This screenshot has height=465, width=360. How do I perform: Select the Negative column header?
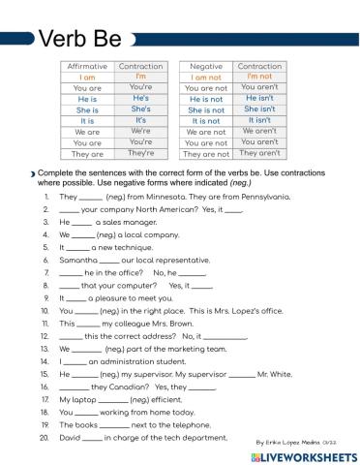coord(207,66)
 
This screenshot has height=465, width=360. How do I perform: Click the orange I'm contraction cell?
coord(140,77)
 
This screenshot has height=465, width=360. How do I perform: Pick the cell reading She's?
coord(140,109)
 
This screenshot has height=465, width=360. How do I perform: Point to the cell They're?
coord(140,153)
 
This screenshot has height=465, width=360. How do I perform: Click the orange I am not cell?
coord(207,77)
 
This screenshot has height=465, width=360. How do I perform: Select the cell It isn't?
coord(259,120)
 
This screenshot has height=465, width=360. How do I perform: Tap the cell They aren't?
coord(259,153)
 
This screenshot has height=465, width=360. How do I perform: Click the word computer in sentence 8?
coord(136,287)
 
